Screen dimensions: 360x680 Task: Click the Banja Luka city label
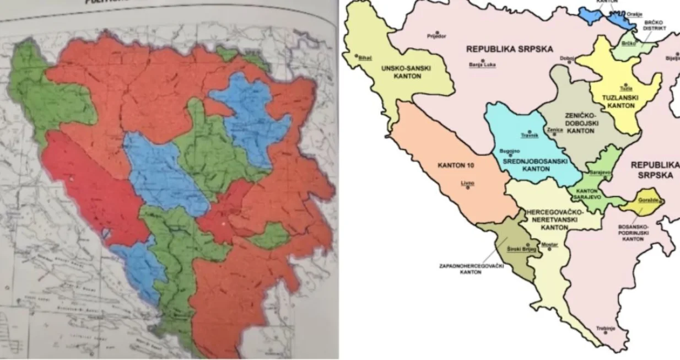tap(482, 65)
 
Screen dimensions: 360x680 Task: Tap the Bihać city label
tap(365, 57)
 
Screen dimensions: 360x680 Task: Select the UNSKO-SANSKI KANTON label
tap(408, 72)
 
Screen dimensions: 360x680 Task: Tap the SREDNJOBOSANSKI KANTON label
tap(526, 165)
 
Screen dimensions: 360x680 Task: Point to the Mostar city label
tap(549, 244)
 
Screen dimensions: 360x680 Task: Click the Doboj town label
tap(567, 58)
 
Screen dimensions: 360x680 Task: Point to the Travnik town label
tap(529, 135)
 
